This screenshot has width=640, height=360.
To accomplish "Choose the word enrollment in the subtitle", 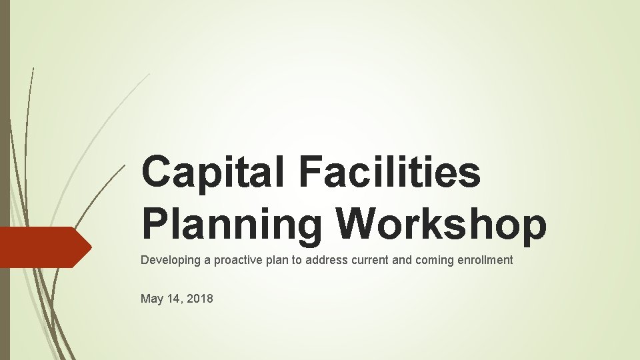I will [485, 260].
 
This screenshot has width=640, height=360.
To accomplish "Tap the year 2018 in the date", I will [200, 299].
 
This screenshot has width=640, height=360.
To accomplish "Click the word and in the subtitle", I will [402, 260].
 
